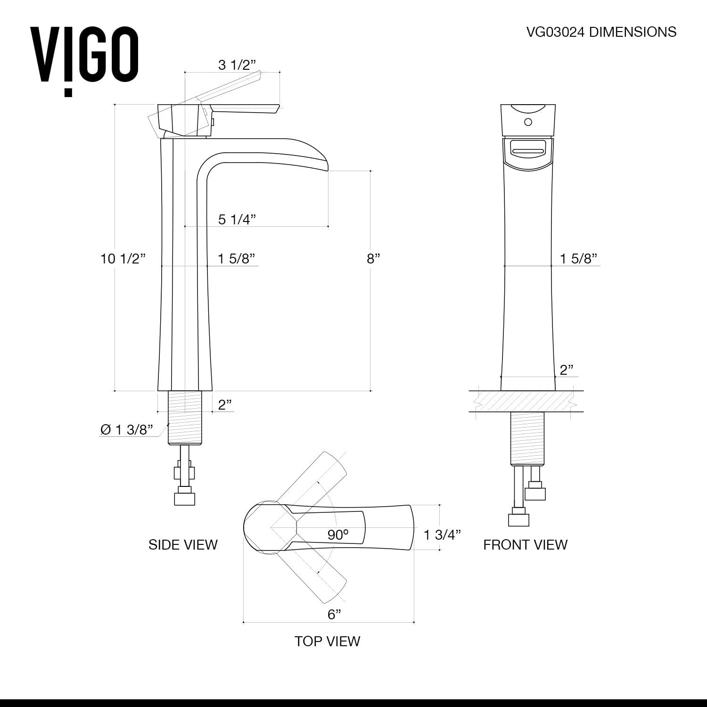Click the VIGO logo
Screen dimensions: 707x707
(84, 57)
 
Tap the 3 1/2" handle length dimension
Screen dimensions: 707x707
(236, 65)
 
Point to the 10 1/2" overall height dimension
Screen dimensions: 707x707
(123, 258)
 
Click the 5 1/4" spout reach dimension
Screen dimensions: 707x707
(237, 219)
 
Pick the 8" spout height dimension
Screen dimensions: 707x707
(373, 258)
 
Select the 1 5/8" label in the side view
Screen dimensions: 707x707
(236, 258)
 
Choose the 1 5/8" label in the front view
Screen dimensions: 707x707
(578, 258)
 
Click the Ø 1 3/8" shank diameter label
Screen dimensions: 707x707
(127, 429)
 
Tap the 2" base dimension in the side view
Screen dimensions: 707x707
(225, 404)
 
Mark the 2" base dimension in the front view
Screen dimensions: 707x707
(566, 370)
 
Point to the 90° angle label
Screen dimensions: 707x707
(338, 534)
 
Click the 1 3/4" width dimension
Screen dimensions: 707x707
(442, 534)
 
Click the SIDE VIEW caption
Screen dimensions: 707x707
(183, 544)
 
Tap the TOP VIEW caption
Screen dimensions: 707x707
(327, 641)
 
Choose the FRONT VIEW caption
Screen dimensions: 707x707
(525, 544)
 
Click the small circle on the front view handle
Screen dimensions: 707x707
(528, 122)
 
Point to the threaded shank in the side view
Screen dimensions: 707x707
(185, 418)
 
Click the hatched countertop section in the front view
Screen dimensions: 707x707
(526, 401)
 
